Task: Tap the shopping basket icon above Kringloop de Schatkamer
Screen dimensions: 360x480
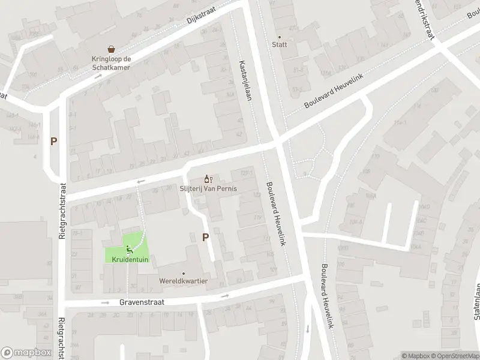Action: pyautogui.click(x=111, y=50)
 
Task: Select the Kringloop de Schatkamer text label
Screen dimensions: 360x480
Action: pyautogui.click(x=111, y=64)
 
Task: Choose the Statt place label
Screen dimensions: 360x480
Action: pyautogui.click(x=280, y=44)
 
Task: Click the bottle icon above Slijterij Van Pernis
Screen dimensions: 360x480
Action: pyautogui.click(x=208, y=179)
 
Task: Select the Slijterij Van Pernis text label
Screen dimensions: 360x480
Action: pyautogui.click(x=209, y=188)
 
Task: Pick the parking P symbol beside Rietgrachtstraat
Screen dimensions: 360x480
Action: pyautogui.click(x=54, y=142)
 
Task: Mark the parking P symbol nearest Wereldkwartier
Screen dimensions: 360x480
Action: pyautogui.click(x=205, y=237)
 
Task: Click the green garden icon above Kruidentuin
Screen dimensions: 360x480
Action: pyautogui.click(x=128, y=248)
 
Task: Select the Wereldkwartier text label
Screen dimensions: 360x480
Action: pyautogui.click(x=184, y=281)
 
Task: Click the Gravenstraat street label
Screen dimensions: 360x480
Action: pyautogui.click(x=142, y=303)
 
